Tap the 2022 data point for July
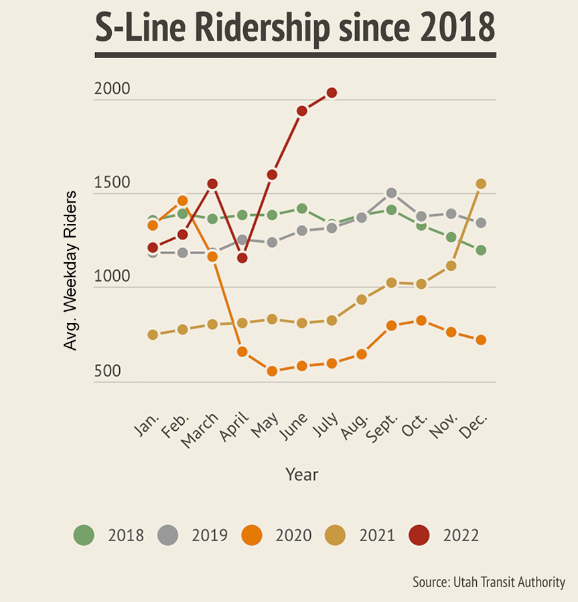point(332,92)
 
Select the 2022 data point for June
point(302,110)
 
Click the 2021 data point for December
point(480,183)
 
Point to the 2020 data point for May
point(272,371)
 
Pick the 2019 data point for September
point(391,193)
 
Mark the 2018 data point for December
point(480,250)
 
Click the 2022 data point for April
point(242,258)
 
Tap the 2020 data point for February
point(182,200)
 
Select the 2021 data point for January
point(153,334)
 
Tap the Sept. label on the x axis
point(382,428)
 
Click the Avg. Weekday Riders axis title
point(70,270)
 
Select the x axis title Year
point(301,475)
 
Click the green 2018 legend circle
point(84,535)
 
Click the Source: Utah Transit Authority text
point(489,582)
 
